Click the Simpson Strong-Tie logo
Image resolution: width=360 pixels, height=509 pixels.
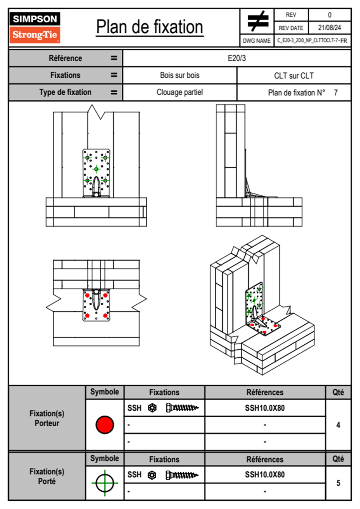tap(35, 27)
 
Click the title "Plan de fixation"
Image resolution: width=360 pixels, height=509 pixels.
tap(149, 27)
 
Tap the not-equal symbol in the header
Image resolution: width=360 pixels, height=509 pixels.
tap(257, 21)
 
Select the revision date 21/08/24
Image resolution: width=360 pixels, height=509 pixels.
tap(329, 28)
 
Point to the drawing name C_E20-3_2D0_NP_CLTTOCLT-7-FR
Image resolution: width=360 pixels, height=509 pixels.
tap(312, 41)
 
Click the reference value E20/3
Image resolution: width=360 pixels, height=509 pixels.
tap(237, 58)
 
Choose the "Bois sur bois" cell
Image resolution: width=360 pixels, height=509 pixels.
tap(180, 75)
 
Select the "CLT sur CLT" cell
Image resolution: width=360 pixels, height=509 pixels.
tap(294, 76)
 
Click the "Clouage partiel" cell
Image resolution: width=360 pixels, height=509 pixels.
tap(180, 92)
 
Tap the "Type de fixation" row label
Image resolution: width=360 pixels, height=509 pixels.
tap(65, 92)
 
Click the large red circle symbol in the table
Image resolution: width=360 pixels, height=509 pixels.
tap(105, 425)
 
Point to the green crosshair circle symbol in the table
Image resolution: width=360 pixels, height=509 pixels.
tap(105, 483)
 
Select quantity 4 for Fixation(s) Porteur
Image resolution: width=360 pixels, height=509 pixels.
tap(338, 425)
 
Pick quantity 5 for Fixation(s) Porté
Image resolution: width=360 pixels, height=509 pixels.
tap(338, 483)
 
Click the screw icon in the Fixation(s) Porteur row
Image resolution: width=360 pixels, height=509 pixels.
tap(182, 408)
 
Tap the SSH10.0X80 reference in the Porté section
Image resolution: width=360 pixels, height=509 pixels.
tap(265, 475)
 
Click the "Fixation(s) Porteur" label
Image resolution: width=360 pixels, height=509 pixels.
tap(47, 418)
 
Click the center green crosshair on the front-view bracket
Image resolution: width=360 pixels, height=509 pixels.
tap(96, 169)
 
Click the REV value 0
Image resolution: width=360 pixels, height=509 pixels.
tap(329, 15)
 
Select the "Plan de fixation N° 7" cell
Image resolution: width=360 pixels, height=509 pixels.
tap(294, 93)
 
